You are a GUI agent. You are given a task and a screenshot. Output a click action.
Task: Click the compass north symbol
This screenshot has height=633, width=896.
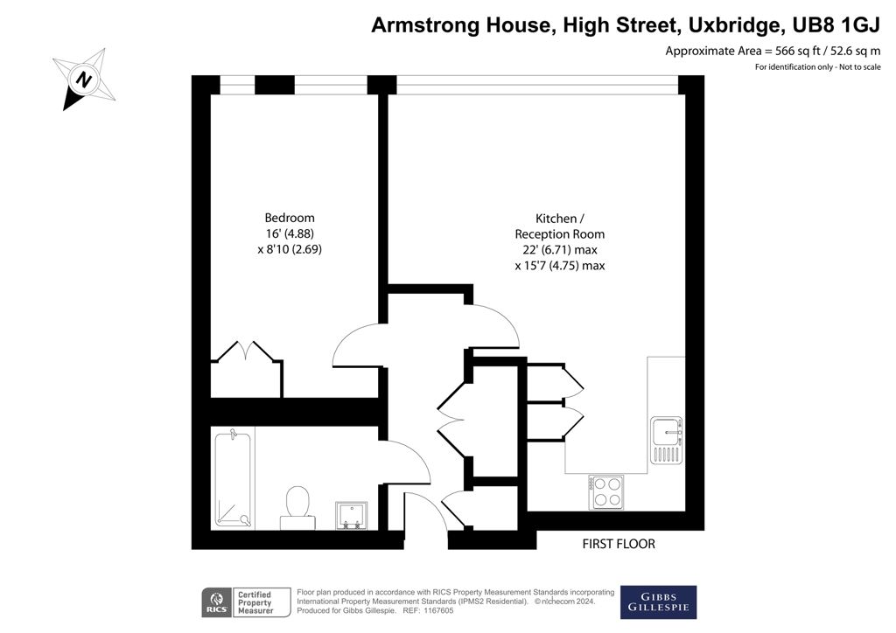[x=85, y=79]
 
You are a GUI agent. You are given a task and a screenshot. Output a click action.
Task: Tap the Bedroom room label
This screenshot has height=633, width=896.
[x=290, y=218]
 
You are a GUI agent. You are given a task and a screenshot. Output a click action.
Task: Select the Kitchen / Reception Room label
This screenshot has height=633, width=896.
[x=559, y=226]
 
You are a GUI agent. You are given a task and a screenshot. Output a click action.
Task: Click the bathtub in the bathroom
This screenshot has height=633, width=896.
[x=233, y=478]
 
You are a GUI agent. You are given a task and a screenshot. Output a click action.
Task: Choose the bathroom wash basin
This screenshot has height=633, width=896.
[x=352, y=516]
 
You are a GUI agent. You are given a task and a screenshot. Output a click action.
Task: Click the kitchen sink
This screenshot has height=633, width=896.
[x=666, y=440]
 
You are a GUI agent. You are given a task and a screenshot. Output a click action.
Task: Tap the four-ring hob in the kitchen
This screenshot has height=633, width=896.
[x=606, y=492]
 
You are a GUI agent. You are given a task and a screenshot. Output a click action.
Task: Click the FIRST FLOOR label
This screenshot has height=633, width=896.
[x=619, y=544]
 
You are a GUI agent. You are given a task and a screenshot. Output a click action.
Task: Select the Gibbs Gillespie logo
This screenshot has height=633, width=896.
[x=658, y=602]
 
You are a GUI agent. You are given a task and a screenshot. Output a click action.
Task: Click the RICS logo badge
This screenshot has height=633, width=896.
[x=217, y=602]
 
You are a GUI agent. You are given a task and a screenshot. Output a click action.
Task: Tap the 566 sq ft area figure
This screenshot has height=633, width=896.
[x=798, y=51]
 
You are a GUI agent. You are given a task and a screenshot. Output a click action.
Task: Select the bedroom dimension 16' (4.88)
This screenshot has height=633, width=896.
[x=290, y=233]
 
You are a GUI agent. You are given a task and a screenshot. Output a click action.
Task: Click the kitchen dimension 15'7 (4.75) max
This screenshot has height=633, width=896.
[x=559, y=266]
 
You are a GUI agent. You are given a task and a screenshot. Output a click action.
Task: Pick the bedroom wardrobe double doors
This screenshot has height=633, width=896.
[x=246, y=352]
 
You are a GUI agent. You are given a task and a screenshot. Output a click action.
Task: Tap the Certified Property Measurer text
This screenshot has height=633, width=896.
[x=255, y=602]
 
